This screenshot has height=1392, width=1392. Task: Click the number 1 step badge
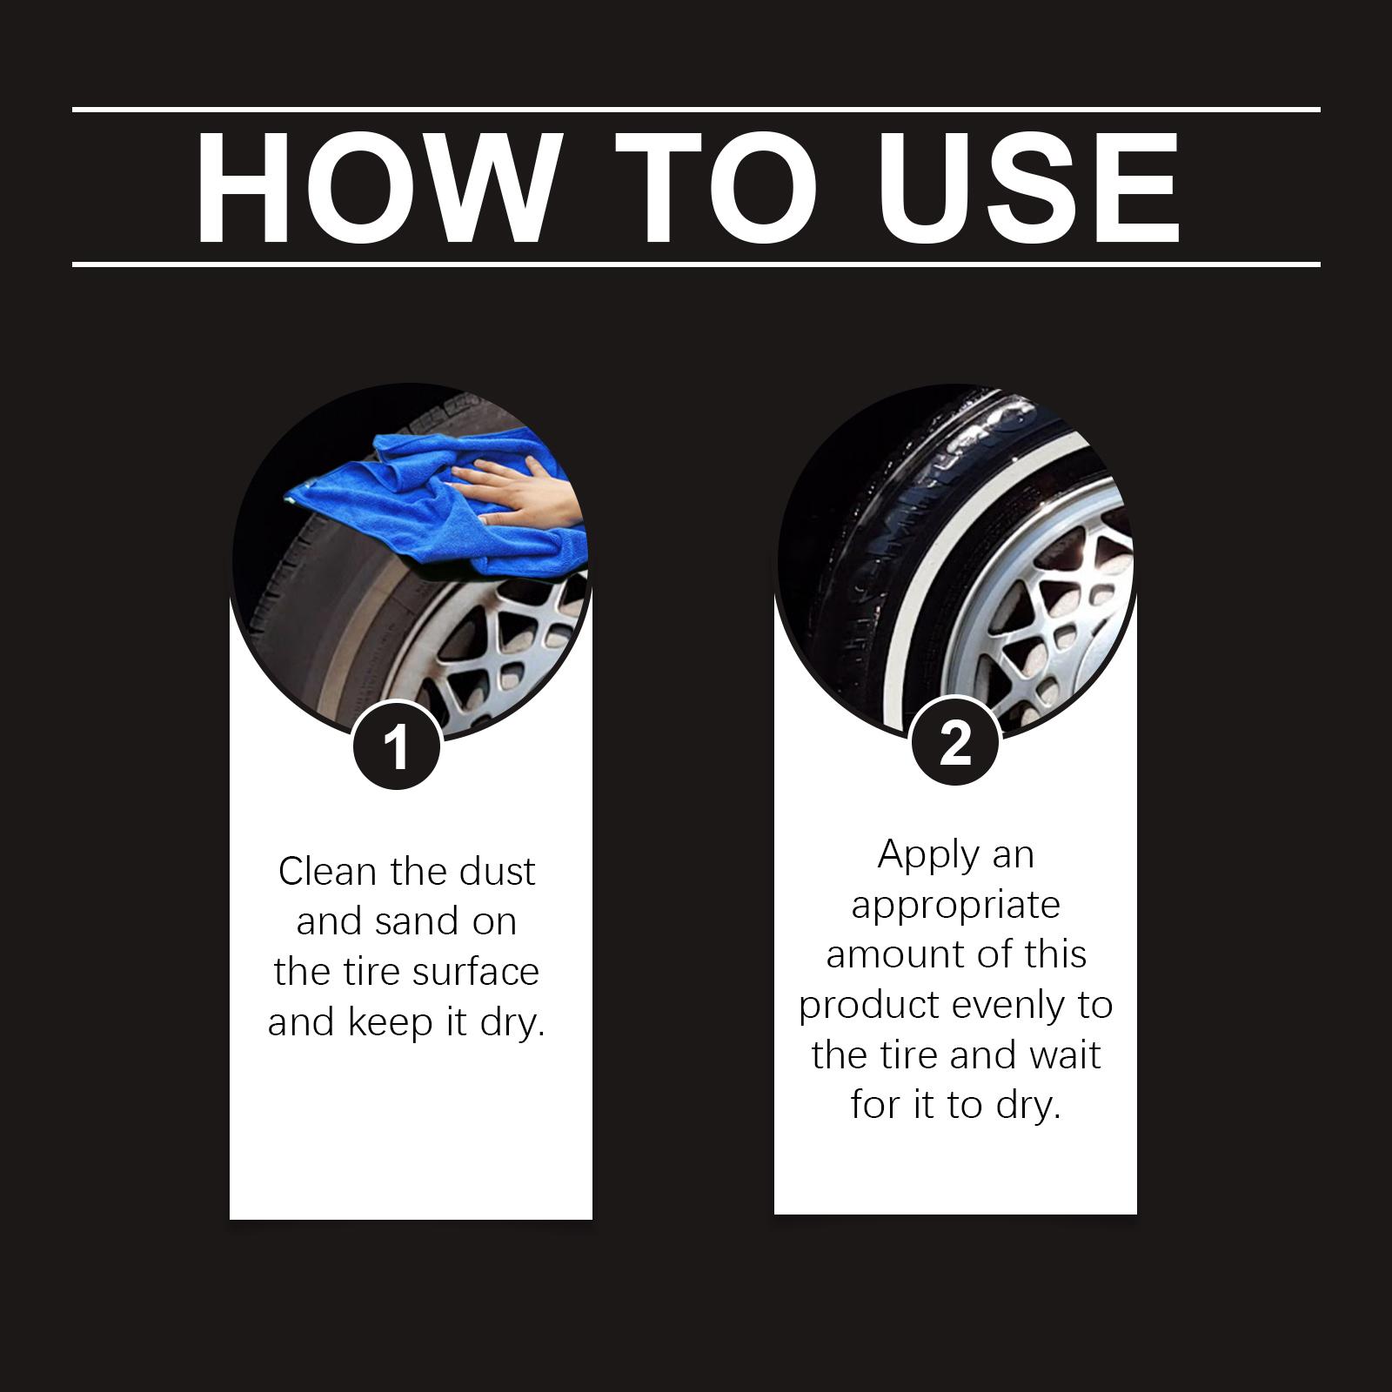pos(397,746)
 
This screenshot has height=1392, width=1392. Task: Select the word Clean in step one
pos(329,871)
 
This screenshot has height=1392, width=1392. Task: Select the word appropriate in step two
pos(955,906)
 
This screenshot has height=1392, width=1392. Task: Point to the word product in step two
pos(868,1006)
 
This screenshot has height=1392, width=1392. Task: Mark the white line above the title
pos(696,110)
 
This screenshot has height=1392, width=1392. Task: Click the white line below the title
pos(696,264)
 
